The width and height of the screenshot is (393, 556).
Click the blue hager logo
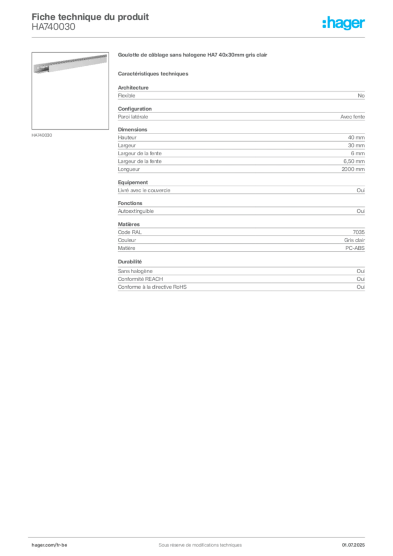pyautogui.click(x=344, y=23)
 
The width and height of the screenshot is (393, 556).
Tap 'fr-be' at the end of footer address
pyautogui.click(x=62, y=544)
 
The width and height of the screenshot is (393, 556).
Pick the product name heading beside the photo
pyautogui.click(x=193, y=54)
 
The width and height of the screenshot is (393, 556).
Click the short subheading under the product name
pyautogui.click(x=154, y=73)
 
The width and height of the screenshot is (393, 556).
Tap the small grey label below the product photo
pyautogui.click(x=43, y=134)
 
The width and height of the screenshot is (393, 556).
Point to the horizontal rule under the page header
pyautogui.click(x=200, y=37)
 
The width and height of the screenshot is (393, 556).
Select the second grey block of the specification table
pyautogui.click(x=240, y=115)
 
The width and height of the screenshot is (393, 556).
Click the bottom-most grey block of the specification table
pyautogui.click(x=240, y=283)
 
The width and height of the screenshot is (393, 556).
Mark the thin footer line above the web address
pyautogui.click(x=200, y=536)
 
